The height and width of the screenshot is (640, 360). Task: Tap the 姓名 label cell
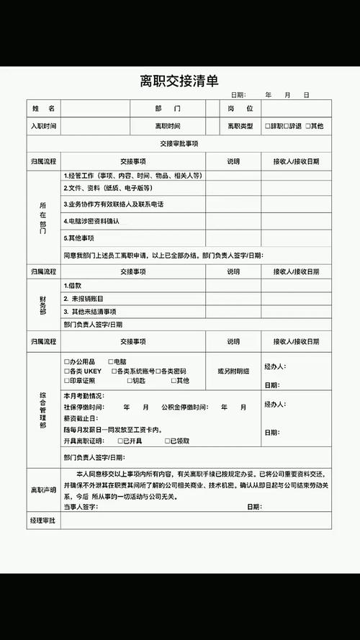(x=43, y=109)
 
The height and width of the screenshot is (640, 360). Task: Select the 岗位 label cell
(x=240, y=109)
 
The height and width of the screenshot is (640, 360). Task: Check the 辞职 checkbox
(x=268, y=126)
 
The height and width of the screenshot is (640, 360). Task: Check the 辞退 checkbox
(x=287, y=126)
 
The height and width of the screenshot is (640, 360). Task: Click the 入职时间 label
(x=43, y=126)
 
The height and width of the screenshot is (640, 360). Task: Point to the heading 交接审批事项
(x=179, y=143)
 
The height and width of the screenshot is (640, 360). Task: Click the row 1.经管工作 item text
(x=132, y=175)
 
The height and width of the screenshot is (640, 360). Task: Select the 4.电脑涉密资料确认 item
(x=91, y=221)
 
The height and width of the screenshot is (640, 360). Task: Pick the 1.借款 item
(x=73, y=285)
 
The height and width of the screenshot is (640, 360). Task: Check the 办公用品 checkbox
(x=66, y=360)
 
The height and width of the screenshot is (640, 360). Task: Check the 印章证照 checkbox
(x=66, y=380)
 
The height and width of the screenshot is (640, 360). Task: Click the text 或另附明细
(x=233, y=370)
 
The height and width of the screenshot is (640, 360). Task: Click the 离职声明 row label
(x=43, y=490)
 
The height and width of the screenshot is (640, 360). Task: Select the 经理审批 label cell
(x=43, y=520)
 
